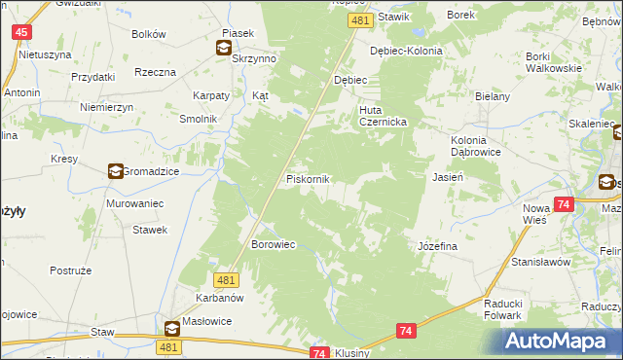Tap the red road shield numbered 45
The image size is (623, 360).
tap(21, 32)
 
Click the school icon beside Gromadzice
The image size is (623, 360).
tap(116, 171)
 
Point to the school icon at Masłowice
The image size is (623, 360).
tap(171, 328)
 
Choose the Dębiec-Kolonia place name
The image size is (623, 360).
tap(406, 51)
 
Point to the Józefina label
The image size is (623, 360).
tap(437, 247)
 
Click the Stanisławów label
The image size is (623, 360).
tap(540, 263)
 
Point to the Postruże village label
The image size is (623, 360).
tap(68, 270)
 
